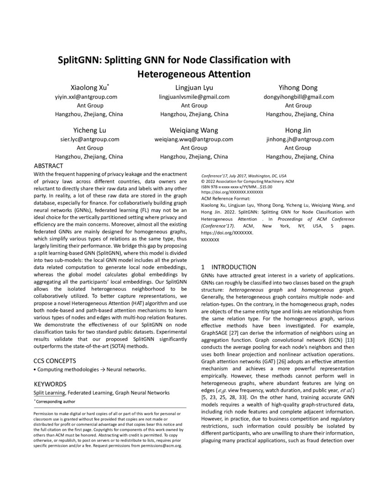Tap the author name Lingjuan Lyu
tap(194, 88)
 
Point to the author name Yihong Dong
tap(298, 88)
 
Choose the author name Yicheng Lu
tap(89, 130)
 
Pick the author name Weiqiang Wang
tap(194, 130)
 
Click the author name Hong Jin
tap(298, 130)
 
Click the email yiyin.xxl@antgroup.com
tap(86, 97)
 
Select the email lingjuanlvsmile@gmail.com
tap(194, 97)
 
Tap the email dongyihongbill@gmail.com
tap(299, 97)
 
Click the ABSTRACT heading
tap(49, 166)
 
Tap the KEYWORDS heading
tap(50, 384)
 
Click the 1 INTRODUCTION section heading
tap(229, 267)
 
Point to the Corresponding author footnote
tap(55, 402)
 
